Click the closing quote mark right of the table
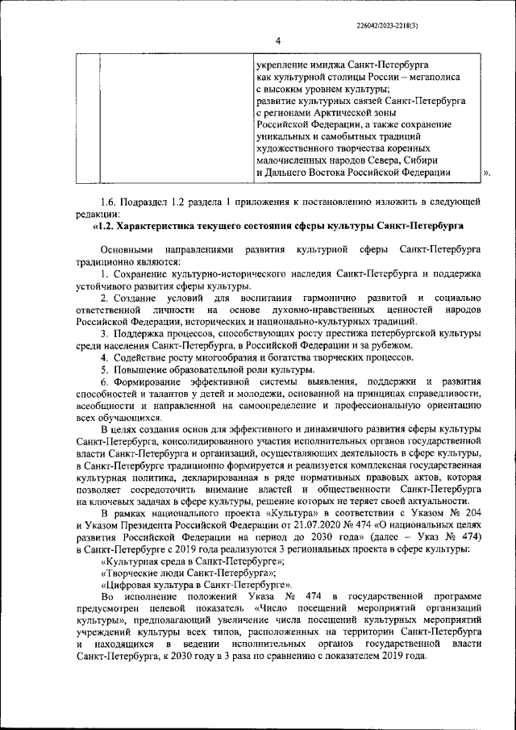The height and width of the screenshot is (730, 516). tap(486, 173)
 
